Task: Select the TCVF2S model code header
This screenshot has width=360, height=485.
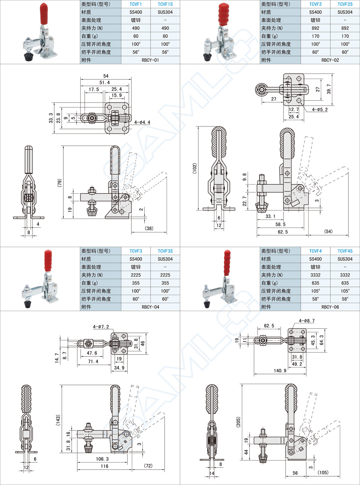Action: [x=345, y=4]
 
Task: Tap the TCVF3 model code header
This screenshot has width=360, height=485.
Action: [x=135, y=251]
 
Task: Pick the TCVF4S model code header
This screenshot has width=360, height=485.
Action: [x=345, y=251]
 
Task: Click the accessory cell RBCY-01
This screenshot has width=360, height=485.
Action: [x=150, y=60]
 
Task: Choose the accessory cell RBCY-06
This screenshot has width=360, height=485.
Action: [x=330, y=307]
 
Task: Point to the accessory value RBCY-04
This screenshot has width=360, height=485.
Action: [x=150, y=307]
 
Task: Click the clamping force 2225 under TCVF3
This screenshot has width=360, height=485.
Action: [x=135, y=275]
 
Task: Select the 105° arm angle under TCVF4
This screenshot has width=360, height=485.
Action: [x=315, y=291]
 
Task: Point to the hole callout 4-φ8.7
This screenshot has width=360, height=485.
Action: [x=307, y=321]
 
